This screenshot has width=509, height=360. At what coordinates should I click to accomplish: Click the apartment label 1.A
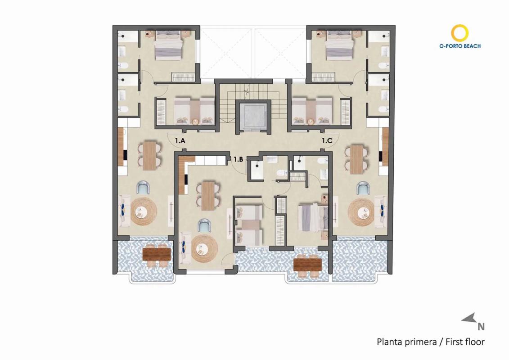(180, 141)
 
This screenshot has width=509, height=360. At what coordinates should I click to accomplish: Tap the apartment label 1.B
(238, 159)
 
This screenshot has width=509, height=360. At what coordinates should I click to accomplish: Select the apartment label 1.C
(327, 141)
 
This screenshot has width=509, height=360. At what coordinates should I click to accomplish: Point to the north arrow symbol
(469, 319)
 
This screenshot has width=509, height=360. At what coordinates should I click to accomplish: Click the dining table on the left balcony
(156, 255)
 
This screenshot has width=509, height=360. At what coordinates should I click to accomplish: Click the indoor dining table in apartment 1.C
(356, 159)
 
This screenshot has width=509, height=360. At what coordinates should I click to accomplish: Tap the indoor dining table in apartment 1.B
(208, 195)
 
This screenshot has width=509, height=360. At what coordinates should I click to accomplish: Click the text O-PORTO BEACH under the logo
(459, 46)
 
